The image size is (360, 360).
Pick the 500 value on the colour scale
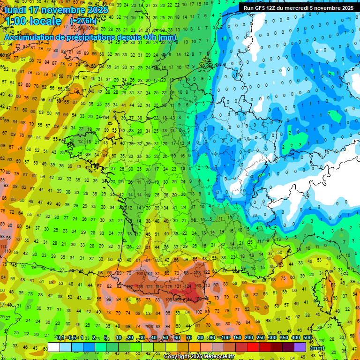pos(307,338)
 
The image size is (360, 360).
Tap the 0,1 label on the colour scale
pos(60,338)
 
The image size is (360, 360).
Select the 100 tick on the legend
pos(225,338)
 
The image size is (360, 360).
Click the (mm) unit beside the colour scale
pos(317,348)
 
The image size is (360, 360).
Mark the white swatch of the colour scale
pos(54,347)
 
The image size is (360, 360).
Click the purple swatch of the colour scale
pos(300,347)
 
